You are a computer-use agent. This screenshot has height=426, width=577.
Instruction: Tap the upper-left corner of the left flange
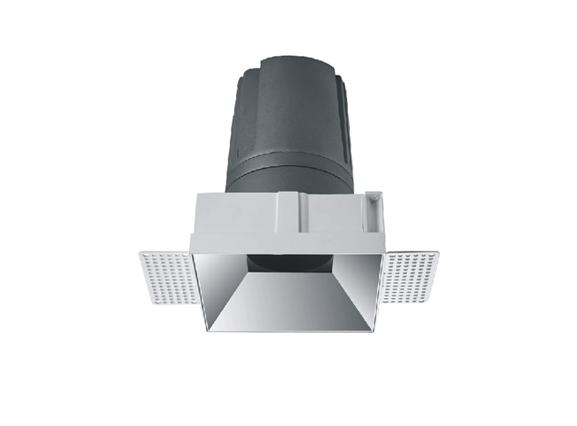(x=141, y=253)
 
